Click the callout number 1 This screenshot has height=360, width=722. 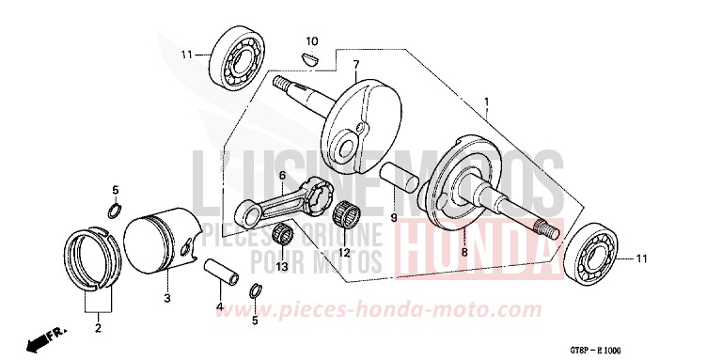coord(486,100)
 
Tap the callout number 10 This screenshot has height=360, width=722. coord(312,41)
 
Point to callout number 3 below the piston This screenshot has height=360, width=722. coord(165,300)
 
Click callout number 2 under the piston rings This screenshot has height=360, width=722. coord(96,329)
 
